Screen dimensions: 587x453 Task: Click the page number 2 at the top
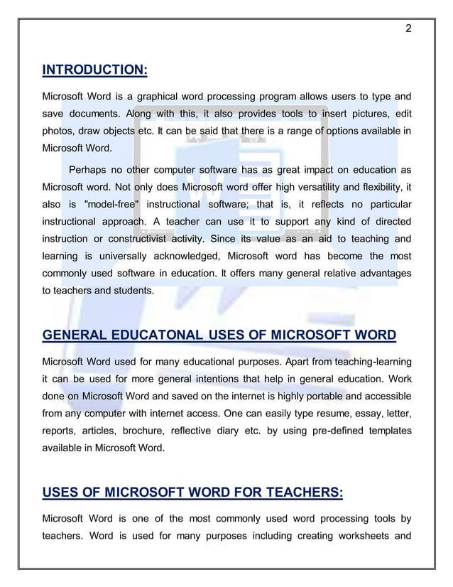pyautogui.click(x=408, y=29)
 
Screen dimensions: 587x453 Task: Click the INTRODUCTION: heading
pyautogui.click(x=95, y=70)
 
